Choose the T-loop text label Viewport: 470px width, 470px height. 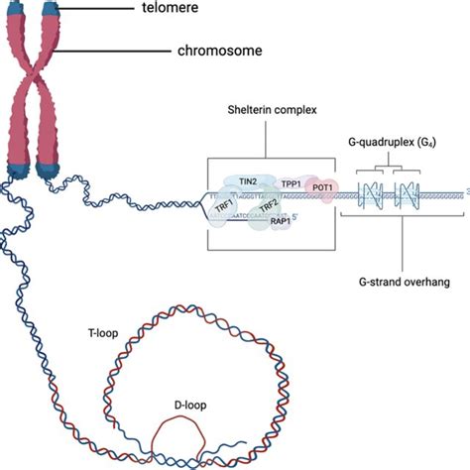coord(101,334)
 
